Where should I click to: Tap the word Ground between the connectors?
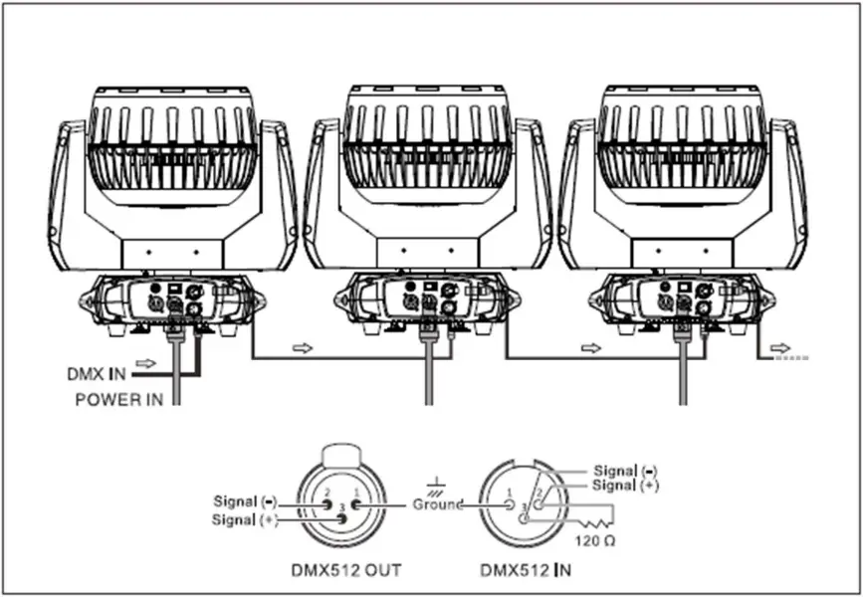pyautogui.click(x=437, y=504)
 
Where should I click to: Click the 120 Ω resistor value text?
pyautogui.click(x=594, y=544)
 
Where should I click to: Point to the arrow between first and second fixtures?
pyautogui.click(x=301, y=349)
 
